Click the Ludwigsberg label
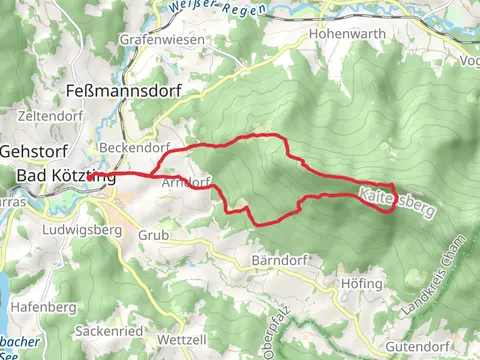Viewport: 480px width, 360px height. (82, 230)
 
